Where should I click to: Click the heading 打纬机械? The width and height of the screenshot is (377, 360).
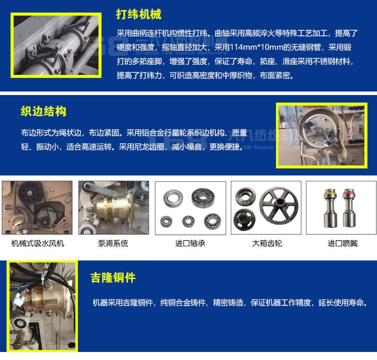[139, 14]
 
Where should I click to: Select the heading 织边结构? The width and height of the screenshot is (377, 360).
[44, 111]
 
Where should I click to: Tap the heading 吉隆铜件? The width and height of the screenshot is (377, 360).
[113, 278]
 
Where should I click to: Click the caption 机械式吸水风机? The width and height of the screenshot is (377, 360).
[38, 243]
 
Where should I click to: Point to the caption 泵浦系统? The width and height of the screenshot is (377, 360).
[113, 243]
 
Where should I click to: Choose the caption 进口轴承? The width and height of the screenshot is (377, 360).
[190, 243]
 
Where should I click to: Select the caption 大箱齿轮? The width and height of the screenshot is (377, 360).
[267, 243]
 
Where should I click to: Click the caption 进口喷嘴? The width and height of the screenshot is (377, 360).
[343, 243]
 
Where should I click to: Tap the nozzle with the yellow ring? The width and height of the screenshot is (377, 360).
[330, 208]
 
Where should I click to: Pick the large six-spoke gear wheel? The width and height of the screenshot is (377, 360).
[279, 206]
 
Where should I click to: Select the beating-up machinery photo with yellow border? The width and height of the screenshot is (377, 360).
[56, 45]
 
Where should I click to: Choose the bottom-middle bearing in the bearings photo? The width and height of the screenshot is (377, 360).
[189, 221]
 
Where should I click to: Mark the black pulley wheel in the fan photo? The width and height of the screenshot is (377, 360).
[31, 192]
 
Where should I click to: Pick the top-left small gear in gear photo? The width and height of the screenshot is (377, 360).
[245, 197]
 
